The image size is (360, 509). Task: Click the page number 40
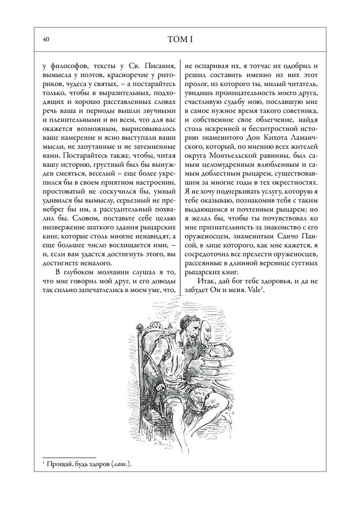click(46, 39)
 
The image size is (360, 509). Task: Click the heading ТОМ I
click(180, 39)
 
